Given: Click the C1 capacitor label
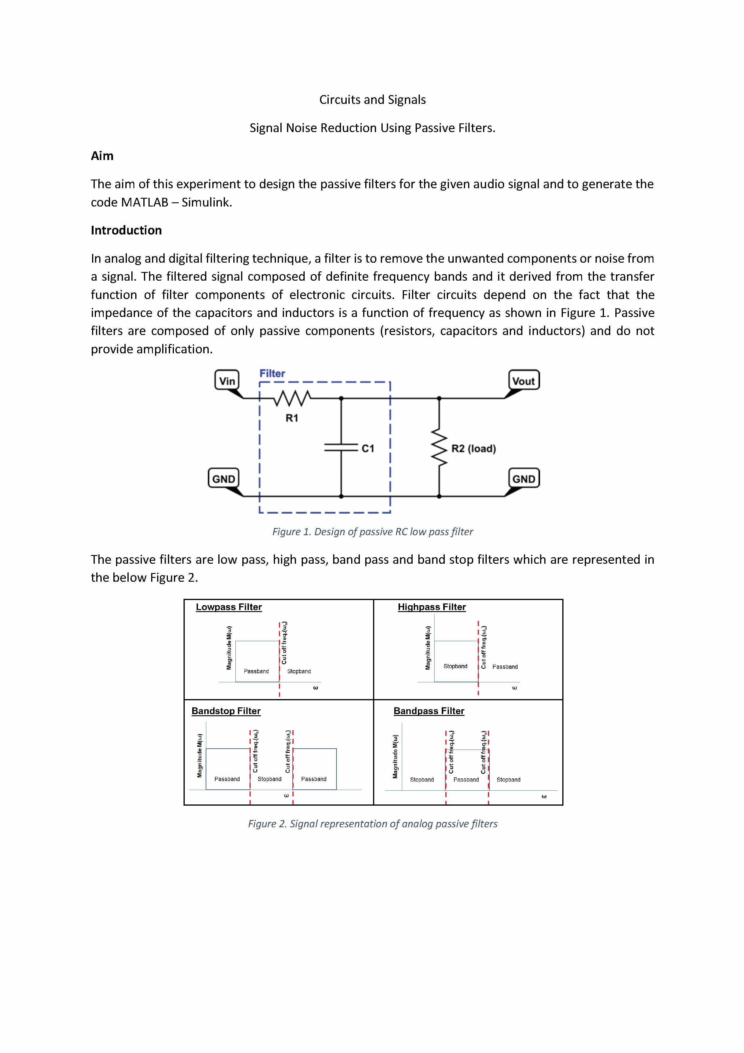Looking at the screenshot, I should coord(368,448).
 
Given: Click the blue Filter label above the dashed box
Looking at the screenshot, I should coord(272,373).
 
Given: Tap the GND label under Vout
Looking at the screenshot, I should coord(524,479).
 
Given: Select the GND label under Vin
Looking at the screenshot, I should coord(224,479).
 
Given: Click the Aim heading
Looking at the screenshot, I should coord(102,156).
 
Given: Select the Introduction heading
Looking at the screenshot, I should coord(126,230).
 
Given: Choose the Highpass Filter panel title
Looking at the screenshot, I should coord(432,607).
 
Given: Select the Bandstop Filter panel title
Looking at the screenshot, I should coord(226,711).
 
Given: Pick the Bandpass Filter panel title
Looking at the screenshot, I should coord(429,711).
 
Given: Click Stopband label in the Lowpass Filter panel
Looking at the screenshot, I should coord(299,671).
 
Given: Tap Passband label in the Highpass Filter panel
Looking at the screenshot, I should coord(505,666).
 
